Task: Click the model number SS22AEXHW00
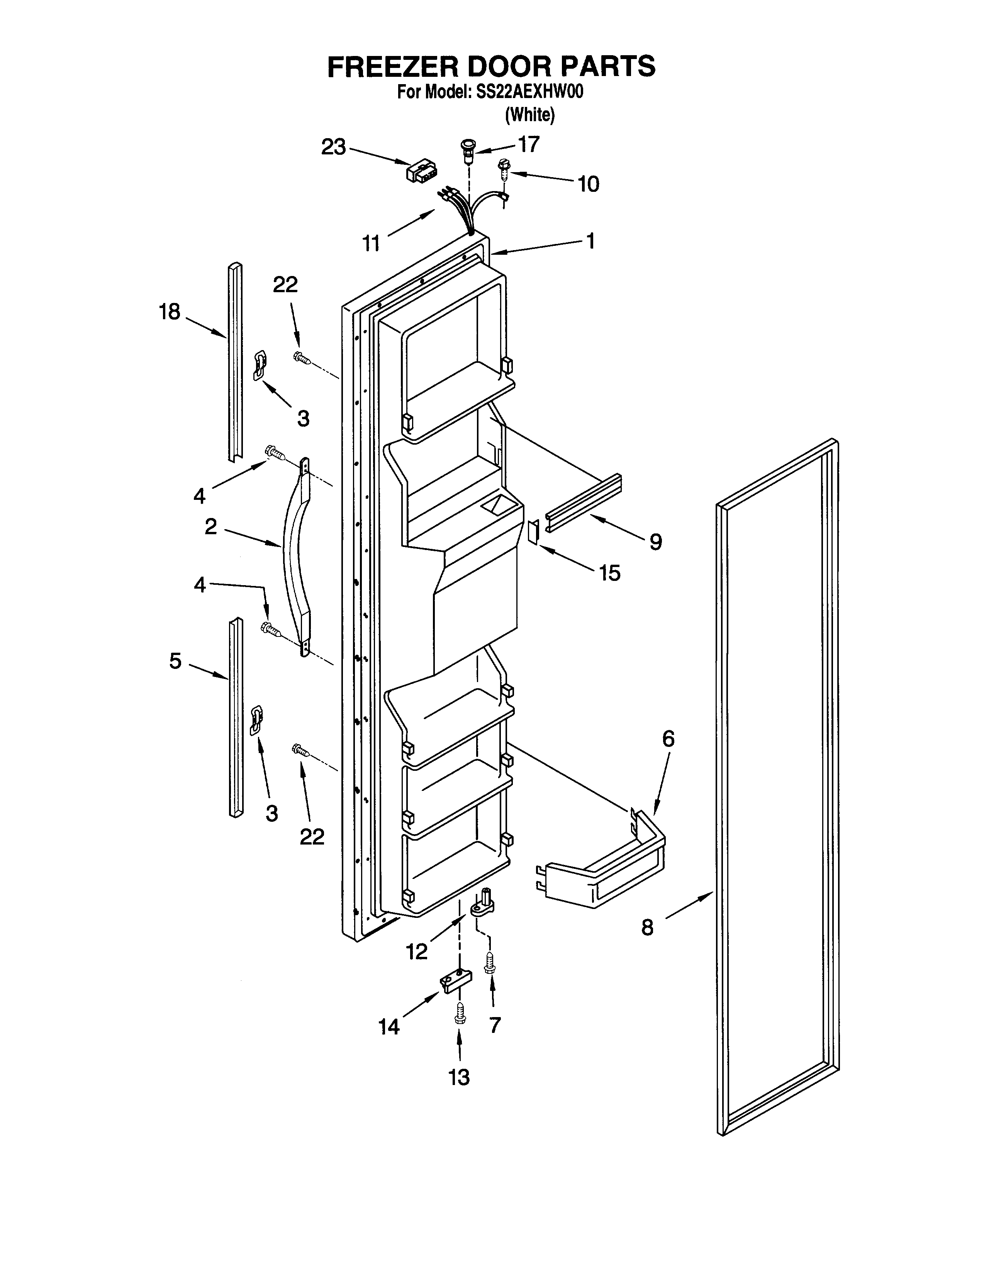(527, 93)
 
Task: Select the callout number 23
(333, 147)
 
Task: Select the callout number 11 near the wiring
(371, 242)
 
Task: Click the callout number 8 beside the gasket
(647, 927)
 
